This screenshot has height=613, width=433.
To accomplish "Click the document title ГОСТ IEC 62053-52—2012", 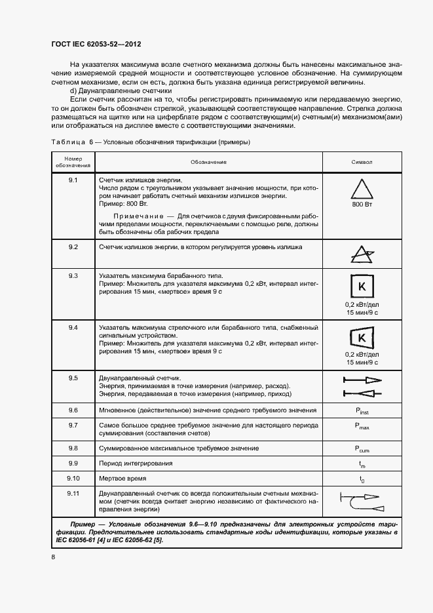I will tap(96, 44).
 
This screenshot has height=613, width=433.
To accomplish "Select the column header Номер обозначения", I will tap(73, 161).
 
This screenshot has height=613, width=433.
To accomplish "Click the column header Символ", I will tap(362, 161).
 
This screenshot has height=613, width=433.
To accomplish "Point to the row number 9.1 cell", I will tap(73, 180).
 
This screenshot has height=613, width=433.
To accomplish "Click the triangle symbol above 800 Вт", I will tap(362, 190).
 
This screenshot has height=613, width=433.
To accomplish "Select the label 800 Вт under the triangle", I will tap(362, 205).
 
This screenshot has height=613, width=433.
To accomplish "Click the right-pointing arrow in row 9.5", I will tap(362, 380).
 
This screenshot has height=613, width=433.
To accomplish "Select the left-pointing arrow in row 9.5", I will tap(362, 393).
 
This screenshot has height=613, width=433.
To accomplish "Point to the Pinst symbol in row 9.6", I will tap(362, 410).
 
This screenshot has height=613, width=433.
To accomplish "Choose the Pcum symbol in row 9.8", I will tap(362, 448).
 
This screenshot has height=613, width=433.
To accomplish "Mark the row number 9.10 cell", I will tap(73, 478).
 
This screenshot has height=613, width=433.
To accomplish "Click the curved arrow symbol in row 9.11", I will tap(362, 502).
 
